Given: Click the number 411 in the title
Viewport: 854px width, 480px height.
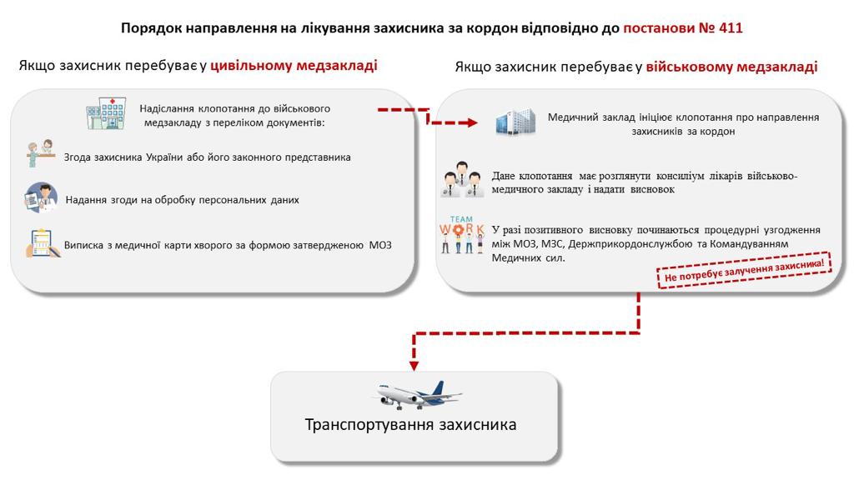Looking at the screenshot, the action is coord(731,27).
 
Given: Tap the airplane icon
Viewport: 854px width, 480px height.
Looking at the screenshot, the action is coord(419,394).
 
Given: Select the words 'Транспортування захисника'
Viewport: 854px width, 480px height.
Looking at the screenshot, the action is coord(410,424).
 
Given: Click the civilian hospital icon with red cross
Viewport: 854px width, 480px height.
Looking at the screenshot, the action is coord(106,113).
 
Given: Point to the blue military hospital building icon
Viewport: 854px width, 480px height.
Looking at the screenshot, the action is coord(515,122).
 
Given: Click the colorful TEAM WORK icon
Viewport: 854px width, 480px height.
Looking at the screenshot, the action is coord(462,235).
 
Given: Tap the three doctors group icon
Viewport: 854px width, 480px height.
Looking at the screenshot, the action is coord(462,179).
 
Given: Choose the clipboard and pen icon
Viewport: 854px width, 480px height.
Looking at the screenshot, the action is coord(43,242).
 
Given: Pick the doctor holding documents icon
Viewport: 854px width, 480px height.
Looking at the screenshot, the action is coord(41,197).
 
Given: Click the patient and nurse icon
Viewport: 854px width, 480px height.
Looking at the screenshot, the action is coord(41,153).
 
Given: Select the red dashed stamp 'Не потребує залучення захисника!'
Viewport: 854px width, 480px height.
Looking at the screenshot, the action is coord(745,269).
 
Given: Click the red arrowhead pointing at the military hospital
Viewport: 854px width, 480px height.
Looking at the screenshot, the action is coord(472,123).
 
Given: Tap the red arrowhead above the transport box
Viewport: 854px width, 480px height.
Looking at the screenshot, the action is coord(414,366).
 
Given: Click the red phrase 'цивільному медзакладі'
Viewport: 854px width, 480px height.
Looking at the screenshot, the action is coord(294,65).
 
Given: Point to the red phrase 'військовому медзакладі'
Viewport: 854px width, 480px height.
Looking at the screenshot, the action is coord(731,67).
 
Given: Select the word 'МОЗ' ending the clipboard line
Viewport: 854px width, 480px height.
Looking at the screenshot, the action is coord(380,245).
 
